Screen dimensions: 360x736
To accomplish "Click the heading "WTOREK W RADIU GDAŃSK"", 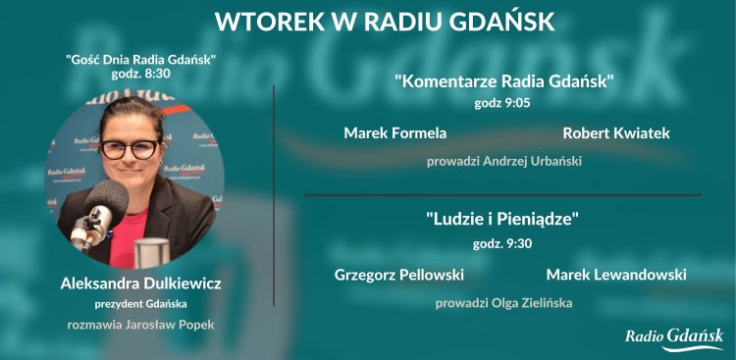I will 385,22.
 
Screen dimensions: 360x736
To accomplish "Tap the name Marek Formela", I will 395,132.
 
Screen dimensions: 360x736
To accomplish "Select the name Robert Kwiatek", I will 616,132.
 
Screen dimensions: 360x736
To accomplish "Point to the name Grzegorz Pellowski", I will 399,274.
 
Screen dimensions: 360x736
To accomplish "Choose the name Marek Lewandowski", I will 616,274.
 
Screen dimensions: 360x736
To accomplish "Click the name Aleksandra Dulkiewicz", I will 140,283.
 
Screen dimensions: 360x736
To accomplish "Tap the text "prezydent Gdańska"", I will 140,303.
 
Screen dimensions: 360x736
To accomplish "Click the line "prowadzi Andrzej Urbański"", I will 504,160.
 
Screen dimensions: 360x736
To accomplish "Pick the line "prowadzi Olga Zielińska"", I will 504,302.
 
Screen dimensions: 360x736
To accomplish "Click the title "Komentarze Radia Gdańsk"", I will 504,81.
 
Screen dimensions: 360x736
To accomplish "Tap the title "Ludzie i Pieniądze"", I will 503,219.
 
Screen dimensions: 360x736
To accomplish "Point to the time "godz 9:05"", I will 503,101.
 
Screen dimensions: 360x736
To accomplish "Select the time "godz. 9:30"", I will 503,242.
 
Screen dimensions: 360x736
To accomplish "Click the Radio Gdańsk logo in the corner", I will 674,338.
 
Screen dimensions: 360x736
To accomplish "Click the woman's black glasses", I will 130,149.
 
